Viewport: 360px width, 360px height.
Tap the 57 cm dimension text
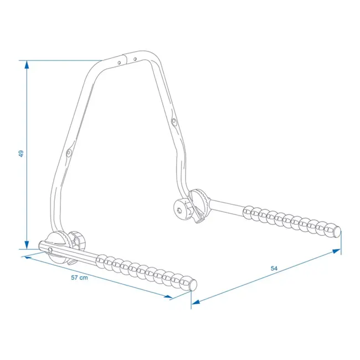(x=80, y=277)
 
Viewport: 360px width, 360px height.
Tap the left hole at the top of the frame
(x=119, y=63)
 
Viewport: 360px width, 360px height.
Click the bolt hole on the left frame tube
(x=69, y=152)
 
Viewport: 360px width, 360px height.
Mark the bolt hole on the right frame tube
(x=174, y=121)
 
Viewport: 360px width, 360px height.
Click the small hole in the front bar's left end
(x=50, y=250)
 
